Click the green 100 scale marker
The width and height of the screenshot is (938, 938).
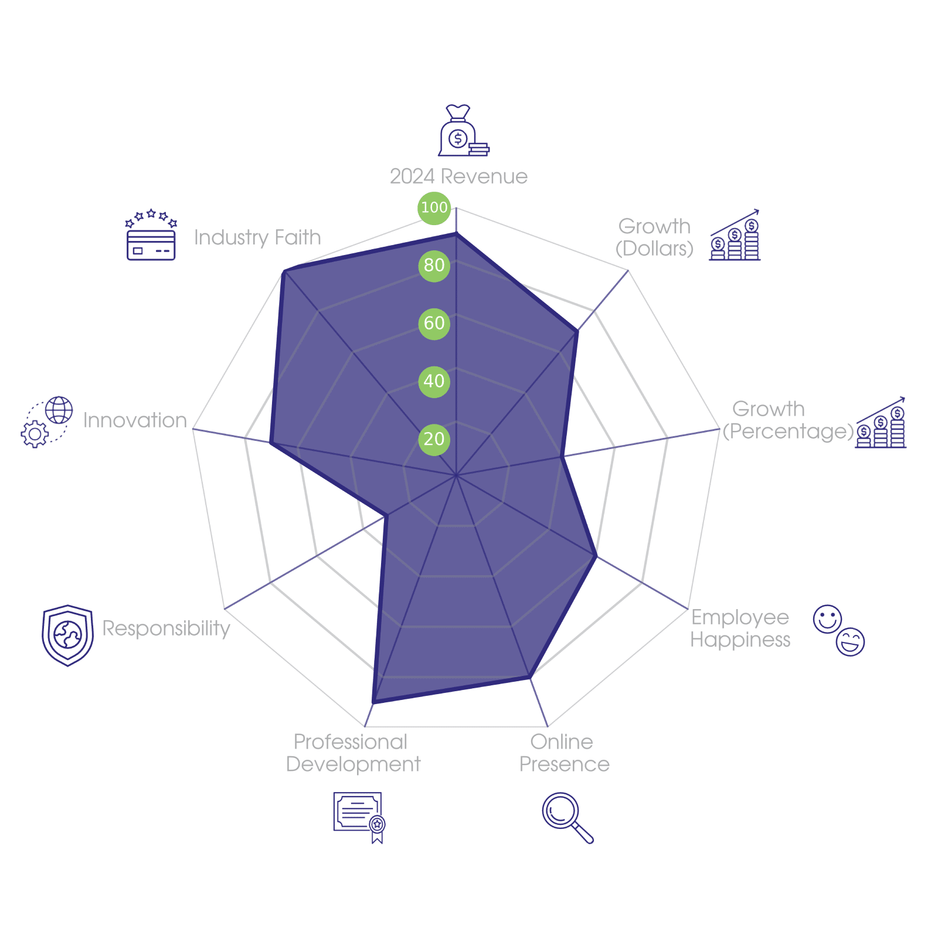pos(434,208)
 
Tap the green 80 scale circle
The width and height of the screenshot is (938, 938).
pos(434,266)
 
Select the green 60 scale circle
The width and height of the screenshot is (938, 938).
pos(434,324)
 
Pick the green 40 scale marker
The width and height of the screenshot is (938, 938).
pos(434,382)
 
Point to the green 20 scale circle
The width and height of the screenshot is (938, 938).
pos(434,439)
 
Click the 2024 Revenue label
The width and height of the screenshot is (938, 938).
pos(458,176)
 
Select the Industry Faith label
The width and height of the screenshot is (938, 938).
pos(257,237)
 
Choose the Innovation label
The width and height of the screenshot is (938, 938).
pos(135,420)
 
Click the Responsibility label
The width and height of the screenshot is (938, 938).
pos(166,628)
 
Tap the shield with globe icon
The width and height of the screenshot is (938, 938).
pos(67,635)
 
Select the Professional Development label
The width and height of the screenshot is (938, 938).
pos(353,753)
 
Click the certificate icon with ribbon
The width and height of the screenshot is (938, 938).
pos(359,817)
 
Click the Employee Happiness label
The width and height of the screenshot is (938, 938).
pos(740,628)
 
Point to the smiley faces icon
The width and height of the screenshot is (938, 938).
pos(839,630)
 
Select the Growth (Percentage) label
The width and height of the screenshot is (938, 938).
pos(787,420)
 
